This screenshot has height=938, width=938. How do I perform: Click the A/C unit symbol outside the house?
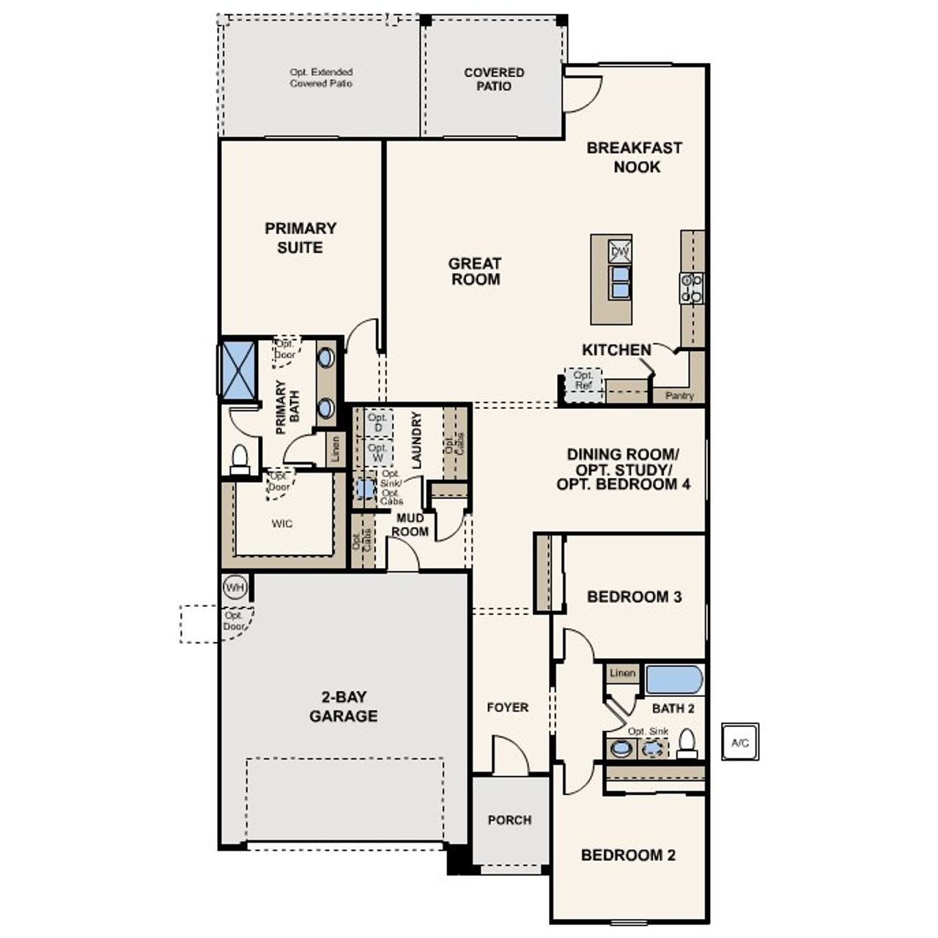click(740, 742)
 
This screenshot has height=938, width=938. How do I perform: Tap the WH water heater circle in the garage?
click(234, 587)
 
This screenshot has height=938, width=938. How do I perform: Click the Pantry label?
click(679, 396)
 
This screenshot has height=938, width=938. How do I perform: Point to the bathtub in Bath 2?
click(673, 679)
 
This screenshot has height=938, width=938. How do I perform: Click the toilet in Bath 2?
click(687, 744)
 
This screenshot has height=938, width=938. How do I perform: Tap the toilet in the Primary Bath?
click(240, 459)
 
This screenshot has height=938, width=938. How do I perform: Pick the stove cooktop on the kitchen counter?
click(691, 288)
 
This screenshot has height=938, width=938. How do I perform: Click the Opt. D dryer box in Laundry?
click(378, 423)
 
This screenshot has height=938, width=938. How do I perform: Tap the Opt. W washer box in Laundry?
click(377, 452)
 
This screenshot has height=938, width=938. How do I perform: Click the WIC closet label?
click(282, 523)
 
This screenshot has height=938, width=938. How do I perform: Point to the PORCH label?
click(509, 820)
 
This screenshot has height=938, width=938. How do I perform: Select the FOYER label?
click(507, 707)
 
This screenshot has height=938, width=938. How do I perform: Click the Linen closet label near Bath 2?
click(622, 673)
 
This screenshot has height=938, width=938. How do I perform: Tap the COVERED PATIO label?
click(494, 79)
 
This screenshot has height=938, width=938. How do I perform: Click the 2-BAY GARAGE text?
click(343, 706)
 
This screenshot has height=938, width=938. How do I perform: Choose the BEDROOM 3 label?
click(634, 597)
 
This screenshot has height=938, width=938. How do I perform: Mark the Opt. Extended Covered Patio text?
click(321, 78)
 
